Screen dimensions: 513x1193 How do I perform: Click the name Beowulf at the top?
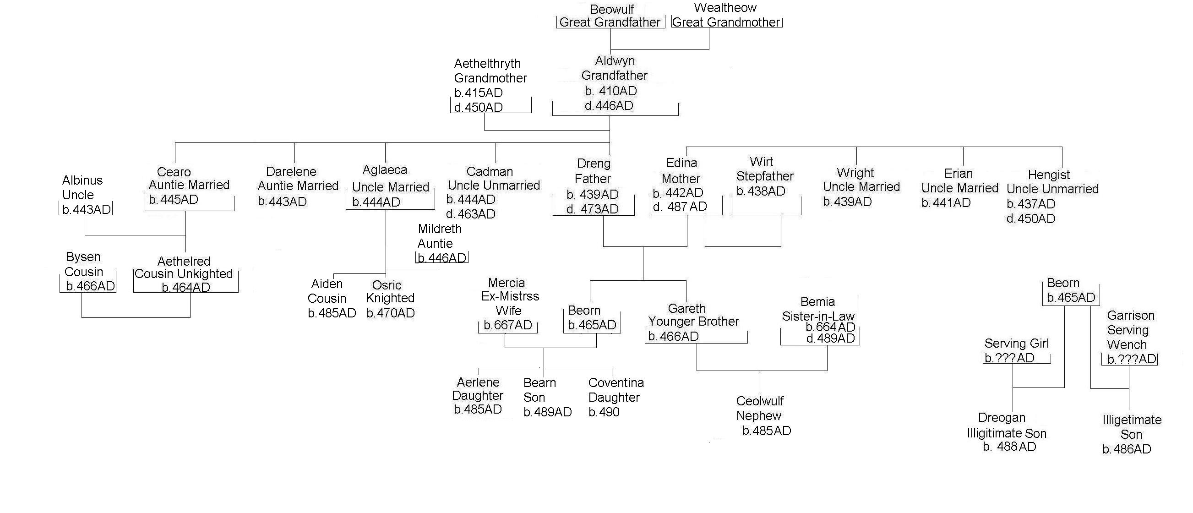click(612, 9)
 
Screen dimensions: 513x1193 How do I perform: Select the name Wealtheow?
click(725, 8)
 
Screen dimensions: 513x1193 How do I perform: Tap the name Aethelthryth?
click(487, 63)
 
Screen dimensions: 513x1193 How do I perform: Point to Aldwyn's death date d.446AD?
click(609, 106)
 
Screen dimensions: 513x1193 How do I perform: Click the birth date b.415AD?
click(479, 93)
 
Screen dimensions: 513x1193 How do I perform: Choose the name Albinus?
click(82, 180)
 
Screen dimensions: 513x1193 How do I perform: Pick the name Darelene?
click(291, 171)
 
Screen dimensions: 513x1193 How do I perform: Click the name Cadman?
click(490, 171)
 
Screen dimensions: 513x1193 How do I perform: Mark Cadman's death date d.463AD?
click(470, 214)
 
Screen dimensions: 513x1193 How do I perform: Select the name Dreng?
click(594, 164)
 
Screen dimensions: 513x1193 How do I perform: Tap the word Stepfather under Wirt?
click(765, 176)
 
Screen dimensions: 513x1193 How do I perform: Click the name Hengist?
click(1048, 175)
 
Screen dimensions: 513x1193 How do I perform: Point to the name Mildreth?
click(440, 229)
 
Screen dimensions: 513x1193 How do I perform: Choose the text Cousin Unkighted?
click(184, 273)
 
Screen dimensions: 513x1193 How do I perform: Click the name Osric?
click(387, 285)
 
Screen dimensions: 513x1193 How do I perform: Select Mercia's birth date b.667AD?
click(507, 325)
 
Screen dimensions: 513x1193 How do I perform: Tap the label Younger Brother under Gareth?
click(693, 322)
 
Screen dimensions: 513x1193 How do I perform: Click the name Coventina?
click(616, 383)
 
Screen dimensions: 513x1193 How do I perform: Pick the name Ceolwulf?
click(759, 401)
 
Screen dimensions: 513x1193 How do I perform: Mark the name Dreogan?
click(1001, 418)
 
